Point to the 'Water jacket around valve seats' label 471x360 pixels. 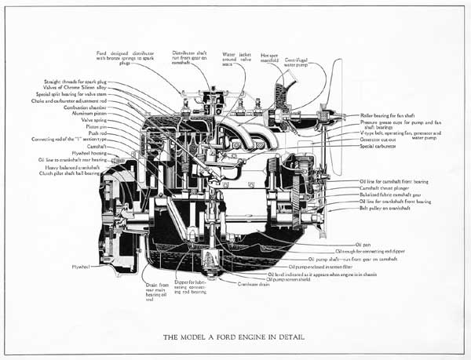(x=235, y=57)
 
